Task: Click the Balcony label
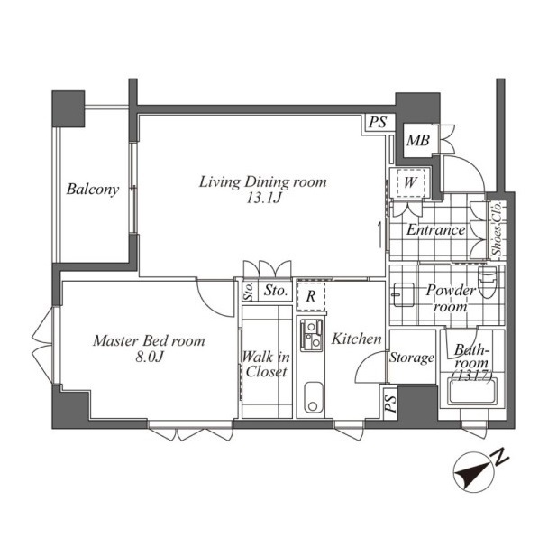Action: tap(93, 190)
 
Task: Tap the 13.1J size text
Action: tap(264, 199)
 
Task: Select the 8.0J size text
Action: tap(150, 357)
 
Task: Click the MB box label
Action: tap(418, 141)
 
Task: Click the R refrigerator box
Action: tap(311, 297)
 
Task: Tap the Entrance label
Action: tap(436, 230)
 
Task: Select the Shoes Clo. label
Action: tap(497, 228)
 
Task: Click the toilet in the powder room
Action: tap(488, 283)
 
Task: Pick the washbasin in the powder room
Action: tap(404, 294)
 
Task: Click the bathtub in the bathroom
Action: tap(472, 392)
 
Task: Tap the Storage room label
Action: tap(412, 358)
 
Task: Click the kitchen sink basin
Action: tap(314, 397)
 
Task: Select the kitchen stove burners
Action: tap(311, 336)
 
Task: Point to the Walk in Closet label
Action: tap(266, 364)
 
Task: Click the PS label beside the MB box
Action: tap(379, 122)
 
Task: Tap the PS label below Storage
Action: tap(390, 404)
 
